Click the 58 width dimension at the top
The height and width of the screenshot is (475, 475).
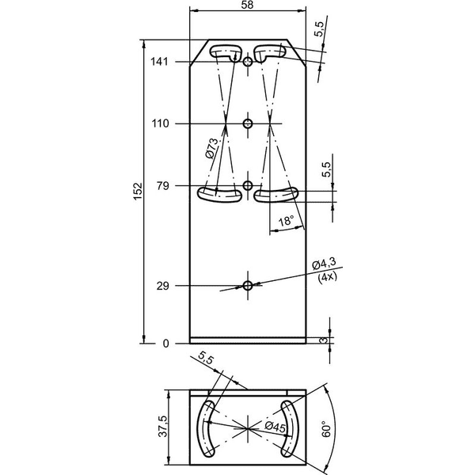pyautogui.click(x=247, y=5)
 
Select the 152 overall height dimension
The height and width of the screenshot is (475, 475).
pyautogui.click(x=138, y=191)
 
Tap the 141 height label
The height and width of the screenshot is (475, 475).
pyautogui.click(x=159, y=62)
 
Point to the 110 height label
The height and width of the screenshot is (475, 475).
pyautogui.click(x=160, y=123)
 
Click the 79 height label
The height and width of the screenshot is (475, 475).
pyautogui.click(x=163, y=186)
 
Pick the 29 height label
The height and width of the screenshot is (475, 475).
pyautogui.click(x=162, y=286)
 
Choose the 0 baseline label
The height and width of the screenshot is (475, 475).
pyautogui.click(x=165, y=344)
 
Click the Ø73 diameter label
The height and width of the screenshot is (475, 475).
pyautogui.click(x=211, y=148)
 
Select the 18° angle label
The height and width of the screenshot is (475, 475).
pyautogui.click(x=287, y=221)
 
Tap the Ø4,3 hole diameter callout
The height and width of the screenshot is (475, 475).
pyautogui.click(x=324, y=264)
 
